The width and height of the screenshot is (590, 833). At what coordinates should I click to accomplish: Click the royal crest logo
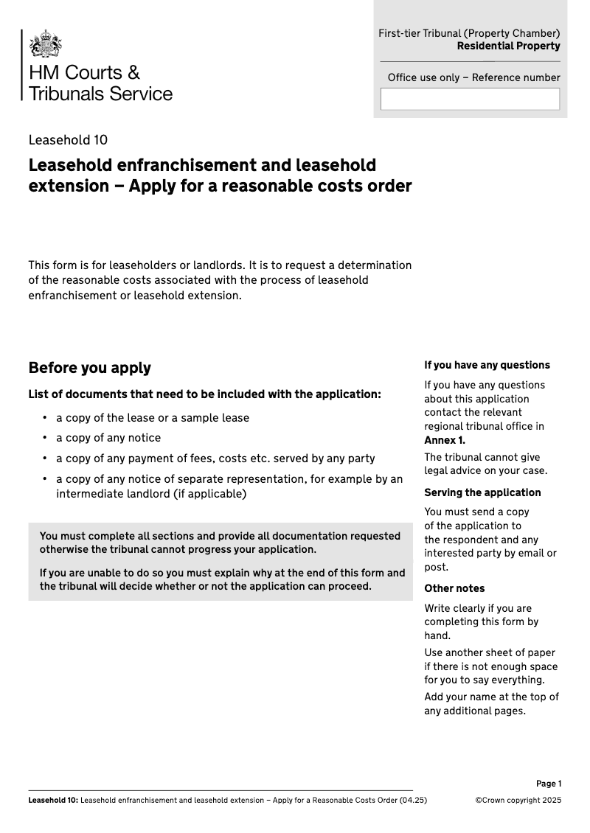coord(45,44)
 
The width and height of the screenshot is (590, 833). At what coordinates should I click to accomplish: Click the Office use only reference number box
coord(470,99)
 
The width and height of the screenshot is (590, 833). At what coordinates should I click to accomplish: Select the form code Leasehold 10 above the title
coord(68,140)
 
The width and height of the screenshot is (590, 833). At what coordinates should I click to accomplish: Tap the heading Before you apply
coord(89,368)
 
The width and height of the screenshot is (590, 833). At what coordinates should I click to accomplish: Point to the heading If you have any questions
coord(487,365)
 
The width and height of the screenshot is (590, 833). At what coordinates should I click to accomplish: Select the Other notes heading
coord(454,588)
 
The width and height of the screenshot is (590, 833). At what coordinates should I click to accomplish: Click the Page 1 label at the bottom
coord(549,784)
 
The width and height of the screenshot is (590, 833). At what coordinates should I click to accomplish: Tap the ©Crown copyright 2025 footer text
coord(518,800)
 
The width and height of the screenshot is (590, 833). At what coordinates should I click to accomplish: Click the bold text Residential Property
coord(508,46)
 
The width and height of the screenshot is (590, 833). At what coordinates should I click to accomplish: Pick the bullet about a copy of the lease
coord(153,418)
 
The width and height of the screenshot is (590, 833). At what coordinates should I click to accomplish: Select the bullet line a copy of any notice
coord(108,438)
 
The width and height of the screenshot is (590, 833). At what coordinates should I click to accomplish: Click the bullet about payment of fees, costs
coord(215,459)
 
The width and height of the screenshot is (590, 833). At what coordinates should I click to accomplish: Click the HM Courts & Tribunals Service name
coord(100,83)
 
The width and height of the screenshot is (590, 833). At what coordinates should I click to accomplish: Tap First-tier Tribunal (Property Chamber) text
coord(469,33)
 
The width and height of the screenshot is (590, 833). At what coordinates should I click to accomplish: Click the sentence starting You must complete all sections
coord(220,543)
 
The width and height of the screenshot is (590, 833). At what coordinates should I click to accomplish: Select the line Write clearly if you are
coord(478,608)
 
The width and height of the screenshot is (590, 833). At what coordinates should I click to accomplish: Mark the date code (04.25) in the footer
coord(413,800)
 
